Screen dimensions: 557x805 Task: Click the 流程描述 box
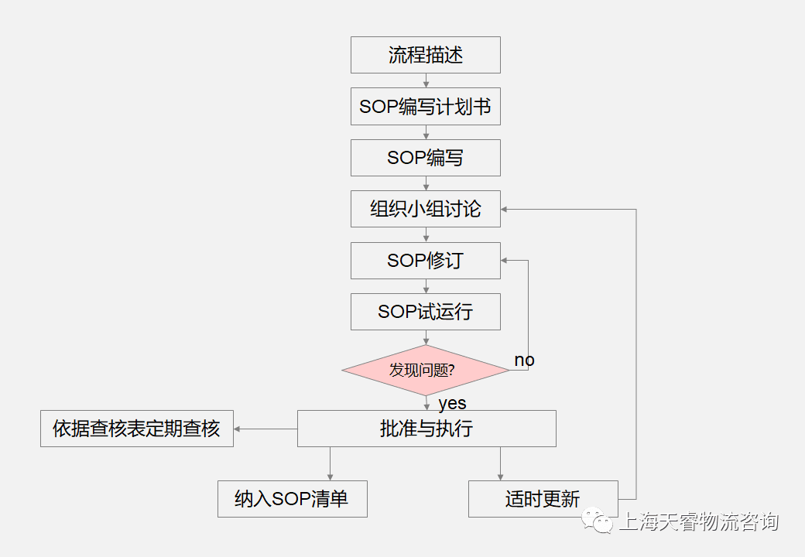point(425,55)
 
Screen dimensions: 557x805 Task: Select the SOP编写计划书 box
point(425,107)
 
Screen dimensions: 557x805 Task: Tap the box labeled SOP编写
point(425,158)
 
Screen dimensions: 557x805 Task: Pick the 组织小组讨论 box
point(425,209)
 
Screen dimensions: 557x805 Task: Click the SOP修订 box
point(425,261)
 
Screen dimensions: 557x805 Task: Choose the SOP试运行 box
point(425,312)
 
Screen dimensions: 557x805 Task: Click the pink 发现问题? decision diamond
point(425,370)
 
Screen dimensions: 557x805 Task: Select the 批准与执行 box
point(426,429)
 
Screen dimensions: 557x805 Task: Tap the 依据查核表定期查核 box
point(136,429)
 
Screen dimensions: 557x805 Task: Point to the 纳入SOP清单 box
point(292,499)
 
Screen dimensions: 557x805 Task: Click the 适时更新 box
point(543,499)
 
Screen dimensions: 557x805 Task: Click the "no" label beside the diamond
point(524,361)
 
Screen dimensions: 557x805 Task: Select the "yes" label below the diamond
point(452,403)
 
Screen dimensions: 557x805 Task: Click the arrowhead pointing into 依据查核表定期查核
point(238,429)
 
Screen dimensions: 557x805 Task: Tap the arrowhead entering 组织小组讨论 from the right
point(505,209)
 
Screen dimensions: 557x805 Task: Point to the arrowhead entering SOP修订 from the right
point(505,261)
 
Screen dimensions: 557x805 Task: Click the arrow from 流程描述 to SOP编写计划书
point(426,81)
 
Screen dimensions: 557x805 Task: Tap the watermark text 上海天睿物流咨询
point(698,522)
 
